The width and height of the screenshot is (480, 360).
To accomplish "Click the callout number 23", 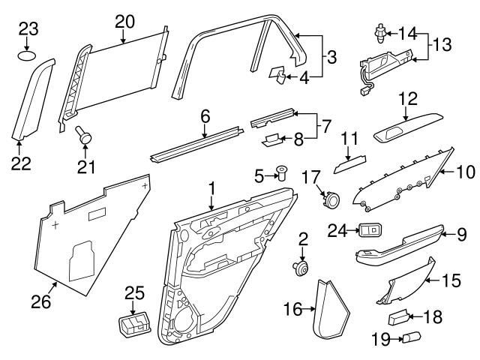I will pyautogui.click(x=28, y=30).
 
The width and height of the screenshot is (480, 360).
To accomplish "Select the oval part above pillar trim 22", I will pyautogui.click(x=28, y=55).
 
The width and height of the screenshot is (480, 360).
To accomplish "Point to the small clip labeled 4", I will pyautogui.click(x=277, y=73).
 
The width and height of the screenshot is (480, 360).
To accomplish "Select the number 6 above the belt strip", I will pyautogui.click(x=205, y=116).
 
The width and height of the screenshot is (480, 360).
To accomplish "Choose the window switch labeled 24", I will pyautogui.click(x=370, y=230).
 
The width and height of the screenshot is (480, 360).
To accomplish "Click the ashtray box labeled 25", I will pyautogui.click(x=133, y=326).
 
